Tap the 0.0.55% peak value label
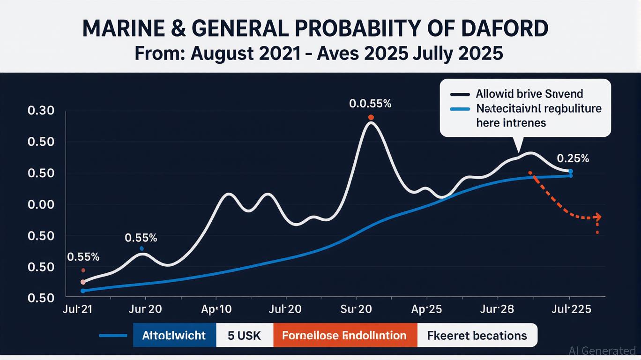[x=370, y=104]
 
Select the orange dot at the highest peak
[x=371, y=117]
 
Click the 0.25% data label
[x=573, y=158]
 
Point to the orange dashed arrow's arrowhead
[x=597, y=217]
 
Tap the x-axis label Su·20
[x=356, y=309]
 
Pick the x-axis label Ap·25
[x=426, y=309]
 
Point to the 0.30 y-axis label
[x=41, y=111]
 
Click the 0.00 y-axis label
[x=41, y=205]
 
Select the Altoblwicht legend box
[x=174, y=335]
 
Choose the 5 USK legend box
[x=244, y=335]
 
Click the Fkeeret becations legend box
[x=477, y=335]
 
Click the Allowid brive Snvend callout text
[x=529, y=94]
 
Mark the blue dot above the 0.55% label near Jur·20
[x=142, y=248]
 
